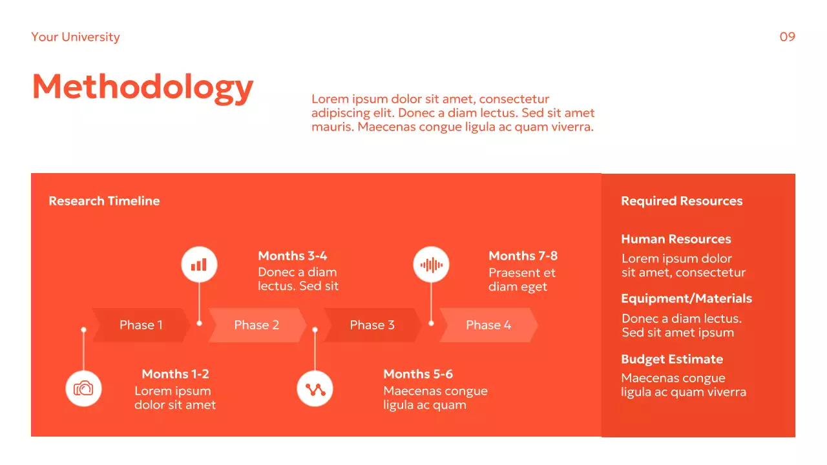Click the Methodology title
pyautogui.click(x=142, y=87)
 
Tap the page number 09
pyautogui.click(x=787, y=37)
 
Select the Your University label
pyautogui.click(x=76, y=37)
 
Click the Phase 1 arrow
pyautogui.click(x=141, y=325)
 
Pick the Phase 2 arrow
pyautogui.click(x=256, y=325)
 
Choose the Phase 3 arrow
pyautogui.click(x=372, y=325)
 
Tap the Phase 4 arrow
pyautogui.click(x=488, y=325)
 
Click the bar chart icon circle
pyautogui.click(x=199, y=265)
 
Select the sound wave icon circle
pyautogui.click(x=431, y=265)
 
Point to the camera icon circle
pyautogui.click(x=83, y=389)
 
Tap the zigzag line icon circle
pyautogui.click(x=315, y=389)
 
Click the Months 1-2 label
pyautogui.click(x=175, y=374)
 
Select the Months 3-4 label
pyautogui.click(x=293, y=256)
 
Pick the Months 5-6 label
pyautogui.click(x=418, y=374)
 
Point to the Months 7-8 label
pyautogui.click(x=523, y=256)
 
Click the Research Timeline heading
pyautogui.click(x=104, y=201)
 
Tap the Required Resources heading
pyautogui.click(x=682, y=201)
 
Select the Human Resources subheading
pyautogui.click(x=676, y=239)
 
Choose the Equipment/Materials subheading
pyautogui.click(x=686, y=298)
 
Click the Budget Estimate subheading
pyautogui.click(x=672, y=359)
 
